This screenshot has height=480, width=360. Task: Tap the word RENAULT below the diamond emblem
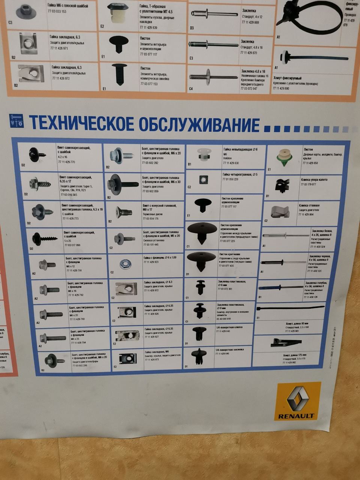(x=296, y=416)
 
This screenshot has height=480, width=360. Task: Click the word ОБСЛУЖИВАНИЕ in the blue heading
(x=199, y=123)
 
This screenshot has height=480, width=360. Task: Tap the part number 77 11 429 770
(x=67, y=162)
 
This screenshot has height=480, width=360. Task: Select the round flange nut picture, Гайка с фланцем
(x=125, y=264)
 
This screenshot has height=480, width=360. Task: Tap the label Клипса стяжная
(x=310, y=205)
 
